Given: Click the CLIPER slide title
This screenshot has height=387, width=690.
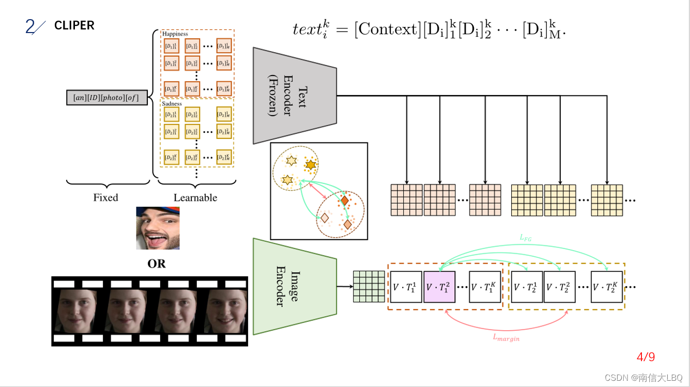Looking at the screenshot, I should point(74,25).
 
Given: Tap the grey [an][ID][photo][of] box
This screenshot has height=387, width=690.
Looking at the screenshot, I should point(106,97).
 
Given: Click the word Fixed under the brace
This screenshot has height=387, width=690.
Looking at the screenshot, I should point(105,197).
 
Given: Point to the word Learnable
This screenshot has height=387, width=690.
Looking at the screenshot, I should point(195,197).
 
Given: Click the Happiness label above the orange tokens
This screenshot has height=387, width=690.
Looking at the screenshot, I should point(175,34).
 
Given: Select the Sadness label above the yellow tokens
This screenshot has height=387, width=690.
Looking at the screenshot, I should point(172,103).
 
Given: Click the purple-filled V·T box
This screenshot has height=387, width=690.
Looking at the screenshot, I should point(439,287).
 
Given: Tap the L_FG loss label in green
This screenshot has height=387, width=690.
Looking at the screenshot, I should point(525,238).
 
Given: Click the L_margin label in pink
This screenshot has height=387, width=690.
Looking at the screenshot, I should point(505,338).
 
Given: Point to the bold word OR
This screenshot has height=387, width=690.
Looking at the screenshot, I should point(157,264).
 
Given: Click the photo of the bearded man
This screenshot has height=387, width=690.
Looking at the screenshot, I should point(158,228).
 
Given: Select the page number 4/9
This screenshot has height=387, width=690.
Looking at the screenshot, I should point(646,357).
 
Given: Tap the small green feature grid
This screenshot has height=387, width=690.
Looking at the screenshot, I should point(369,286).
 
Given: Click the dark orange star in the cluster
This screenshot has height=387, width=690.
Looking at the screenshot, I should point(310,165).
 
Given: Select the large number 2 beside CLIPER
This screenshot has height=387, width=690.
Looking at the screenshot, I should point(30,26).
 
